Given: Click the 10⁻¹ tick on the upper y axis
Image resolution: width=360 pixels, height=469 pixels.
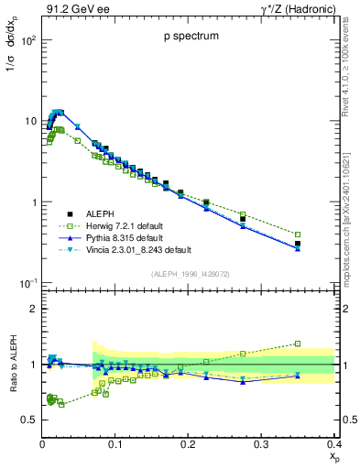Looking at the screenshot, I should pos(27,283).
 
